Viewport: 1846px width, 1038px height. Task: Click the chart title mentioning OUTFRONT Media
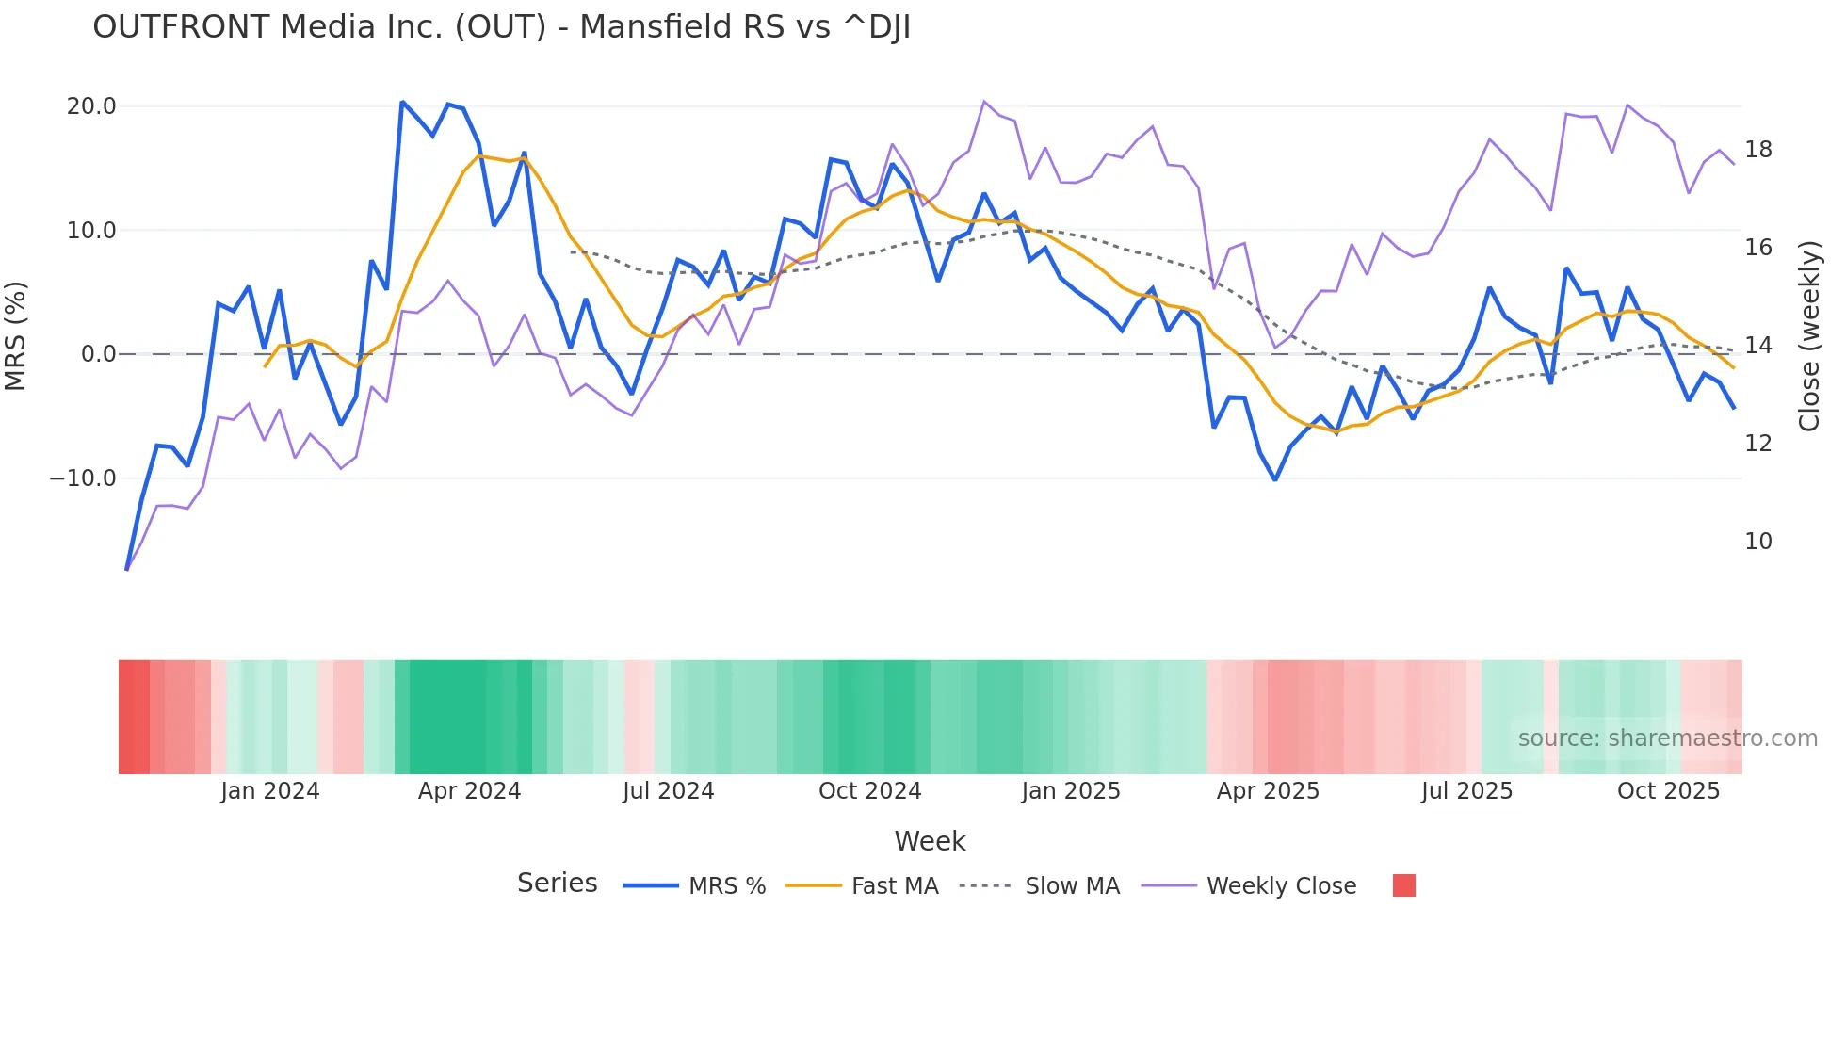pos(501,27)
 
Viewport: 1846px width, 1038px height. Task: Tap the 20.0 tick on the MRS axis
pos(91,106)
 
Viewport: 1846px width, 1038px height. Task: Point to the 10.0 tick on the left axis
pos(91,231)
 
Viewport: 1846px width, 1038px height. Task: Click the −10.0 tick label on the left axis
pos(83,478)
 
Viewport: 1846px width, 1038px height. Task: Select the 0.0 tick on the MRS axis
pos(98,354)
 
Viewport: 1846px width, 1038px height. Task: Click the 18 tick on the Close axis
pos(1757,150)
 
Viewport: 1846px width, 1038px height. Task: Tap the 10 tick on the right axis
pos(1757,542)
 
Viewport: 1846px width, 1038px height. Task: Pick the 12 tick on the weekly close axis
pos(1757,444)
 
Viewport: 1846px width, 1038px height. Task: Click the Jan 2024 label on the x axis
pos(270,791)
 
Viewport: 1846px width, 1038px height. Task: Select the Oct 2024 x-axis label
pos(869,791)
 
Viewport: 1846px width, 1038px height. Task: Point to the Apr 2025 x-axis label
pos(1268,791)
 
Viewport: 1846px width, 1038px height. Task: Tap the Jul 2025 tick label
pos(1466,791)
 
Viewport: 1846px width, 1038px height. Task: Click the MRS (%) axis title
pos(16,335)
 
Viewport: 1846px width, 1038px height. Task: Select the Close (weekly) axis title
pos(1808,335)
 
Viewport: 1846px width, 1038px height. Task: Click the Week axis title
pos(930,841)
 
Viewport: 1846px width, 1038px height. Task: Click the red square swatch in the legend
pos(1403,885)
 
